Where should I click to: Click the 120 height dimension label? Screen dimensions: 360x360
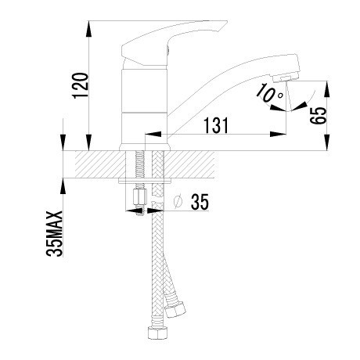coord(81,86)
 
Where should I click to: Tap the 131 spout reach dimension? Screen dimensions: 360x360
coord(216,125)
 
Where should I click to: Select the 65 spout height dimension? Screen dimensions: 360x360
coord(319,116)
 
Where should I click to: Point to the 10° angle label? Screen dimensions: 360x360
coord(269,93)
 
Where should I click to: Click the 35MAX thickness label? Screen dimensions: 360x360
coord(55,233)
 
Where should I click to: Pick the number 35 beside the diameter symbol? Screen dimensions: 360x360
coord(200,202)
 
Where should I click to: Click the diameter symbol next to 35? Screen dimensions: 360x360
coord(178,202)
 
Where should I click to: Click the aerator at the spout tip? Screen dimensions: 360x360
coord(286,77)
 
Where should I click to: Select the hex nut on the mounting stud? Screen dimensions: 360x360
coord(140,197)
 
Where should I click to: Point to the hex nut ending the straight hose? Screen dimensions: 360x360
coord(157,332)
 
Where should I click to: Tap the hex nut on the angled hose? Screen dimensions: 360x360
coord(175,310)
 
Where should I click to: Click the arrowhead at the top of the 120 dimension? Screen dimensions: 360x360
coord(89,29)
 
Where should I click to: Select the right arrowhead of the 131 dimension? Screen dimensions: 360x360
coord(278,134)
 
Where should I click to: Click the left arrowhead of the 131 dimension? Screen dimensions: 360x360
coord(153,134)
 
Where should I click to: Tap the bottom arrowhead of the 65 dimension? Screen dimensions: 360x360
coord(327,142)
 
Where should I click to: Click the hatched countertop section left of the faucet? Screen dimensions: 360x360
coord(101,164)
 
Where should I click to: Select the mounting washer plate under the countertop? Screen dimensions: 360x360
coord(145,181)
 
